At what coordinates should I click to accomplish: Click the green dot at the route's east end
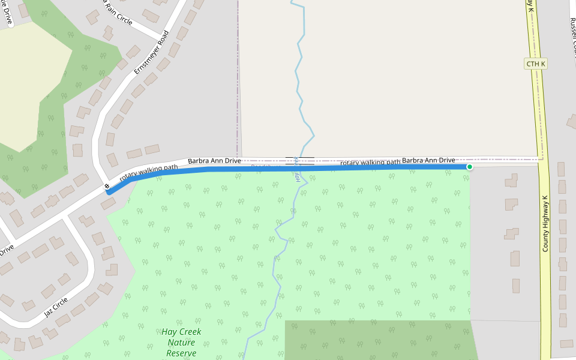coord(470,167)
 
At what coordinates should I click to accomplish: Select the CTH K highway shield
coord(536,64)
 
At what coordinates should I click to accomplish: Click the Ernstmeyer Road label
coord(152,53)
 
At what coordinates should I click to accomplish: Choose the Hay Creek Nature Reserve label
coord(181,342)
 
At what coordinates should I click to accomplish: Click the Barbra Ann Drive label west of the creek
coord(214,161)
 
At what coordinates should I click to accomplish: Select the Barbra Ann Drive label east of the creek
coord(428,160)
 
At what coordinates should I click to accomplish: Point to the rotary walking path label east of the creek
coord(370,162)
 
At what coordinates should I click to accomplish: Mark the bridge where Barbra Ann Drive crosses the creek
coord(299,161)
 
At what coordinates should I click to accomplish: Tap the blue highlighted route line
coord(360,168)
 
